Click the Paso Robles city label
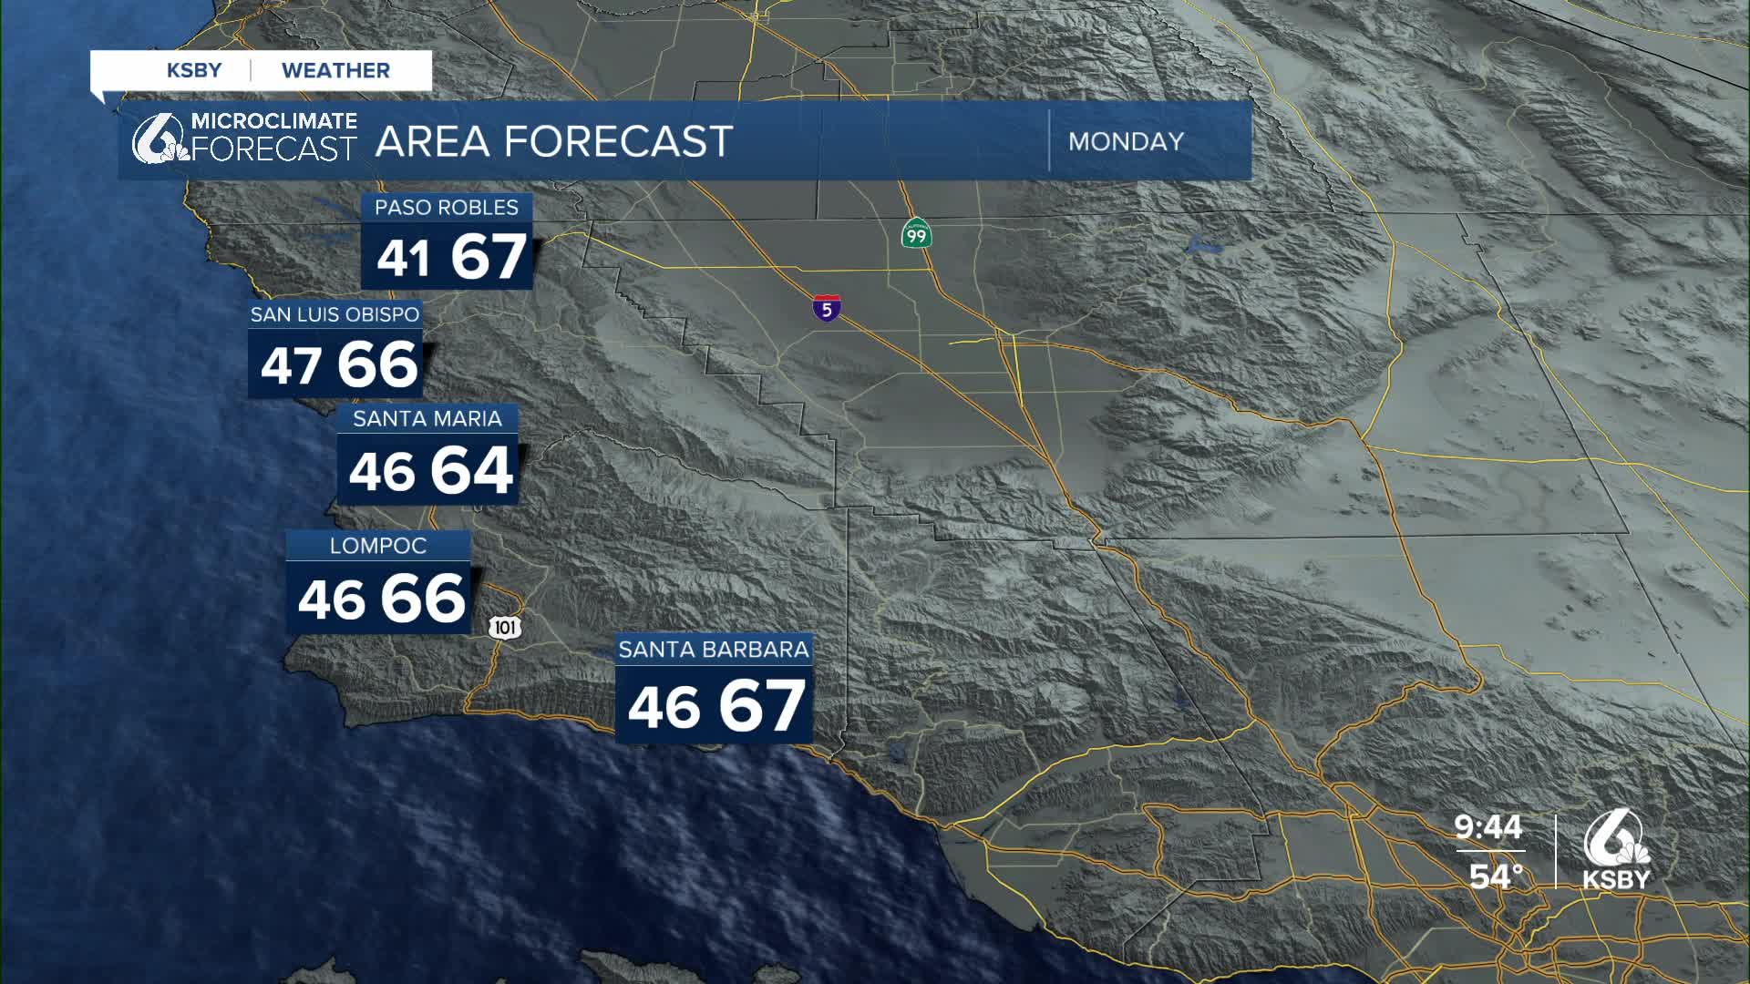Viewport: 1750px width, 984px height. (446, 208)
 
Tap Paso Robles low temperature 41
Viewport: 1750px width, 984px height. (403, 258)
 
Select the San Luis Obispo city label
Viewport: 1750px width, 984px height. (335, 314)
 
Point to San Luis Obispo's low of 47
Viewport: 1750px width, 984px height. (291, 366)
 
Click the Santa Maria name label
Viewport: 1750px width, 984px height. (427, 419)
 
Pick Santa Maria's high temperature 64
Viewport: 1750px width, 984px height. (471, 471)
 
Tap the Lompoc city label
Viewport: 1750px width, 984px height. (377, 546)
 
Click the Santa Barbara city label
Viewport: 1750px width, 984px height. (713, 650)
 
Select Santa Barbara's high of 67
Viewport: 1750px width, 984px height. (761, 706)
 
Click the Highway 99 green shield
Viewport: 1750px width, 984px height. (916, 233)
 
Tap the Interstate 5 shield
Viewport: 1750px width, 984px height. (827, 309)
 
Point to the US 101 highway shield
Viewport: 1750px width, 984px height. (505, 627)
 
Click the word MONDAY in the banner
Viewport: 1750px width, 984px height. (1126, 142)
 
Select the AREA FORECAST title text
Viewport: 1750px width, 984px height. (553, 142)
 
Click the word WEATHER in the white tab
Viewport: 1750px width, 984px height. (335, 71)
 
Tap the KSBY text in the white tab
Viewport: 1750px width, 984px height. (194, 71)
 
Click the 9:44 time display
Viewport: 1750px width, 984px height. (1487, 827)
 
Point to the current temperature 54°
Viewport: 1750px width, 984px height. (1496, 876)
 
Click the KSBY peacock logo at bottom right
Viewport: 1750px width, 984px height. (1616, 851)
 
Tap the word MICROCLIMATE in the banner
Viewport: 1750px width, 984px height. (273, 121)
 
